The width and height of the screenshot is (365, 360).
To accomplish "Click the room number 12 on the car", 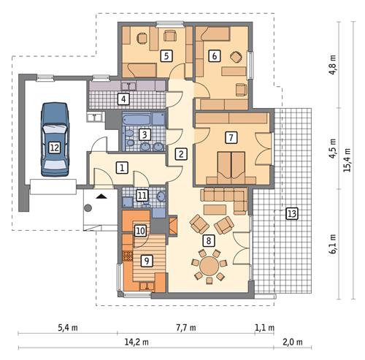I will [53, 147].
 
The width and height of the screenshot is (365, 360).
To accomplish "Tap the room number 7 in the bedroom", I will [231, 137].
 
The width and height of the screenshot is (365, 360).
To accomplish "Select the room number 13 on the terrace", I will [292, 213].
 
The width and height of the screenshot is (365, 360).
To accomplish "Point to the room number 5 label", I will [166, 55].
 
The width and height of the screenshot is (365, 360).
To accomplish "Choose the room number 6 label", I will [214, 55].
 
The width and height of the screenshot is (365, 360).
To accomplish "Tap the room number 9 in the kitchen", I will [146, 260].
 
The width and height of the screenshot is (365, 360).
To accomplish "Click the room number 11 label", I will [142, 195].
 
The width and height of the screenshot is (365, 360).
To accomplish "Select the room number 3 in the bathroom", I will [145, 134].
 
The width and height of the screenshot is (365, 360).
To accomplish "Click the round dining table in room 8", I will [210, 262].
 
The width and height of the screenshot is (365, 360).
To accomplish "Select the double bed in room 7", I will [231, 165].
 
